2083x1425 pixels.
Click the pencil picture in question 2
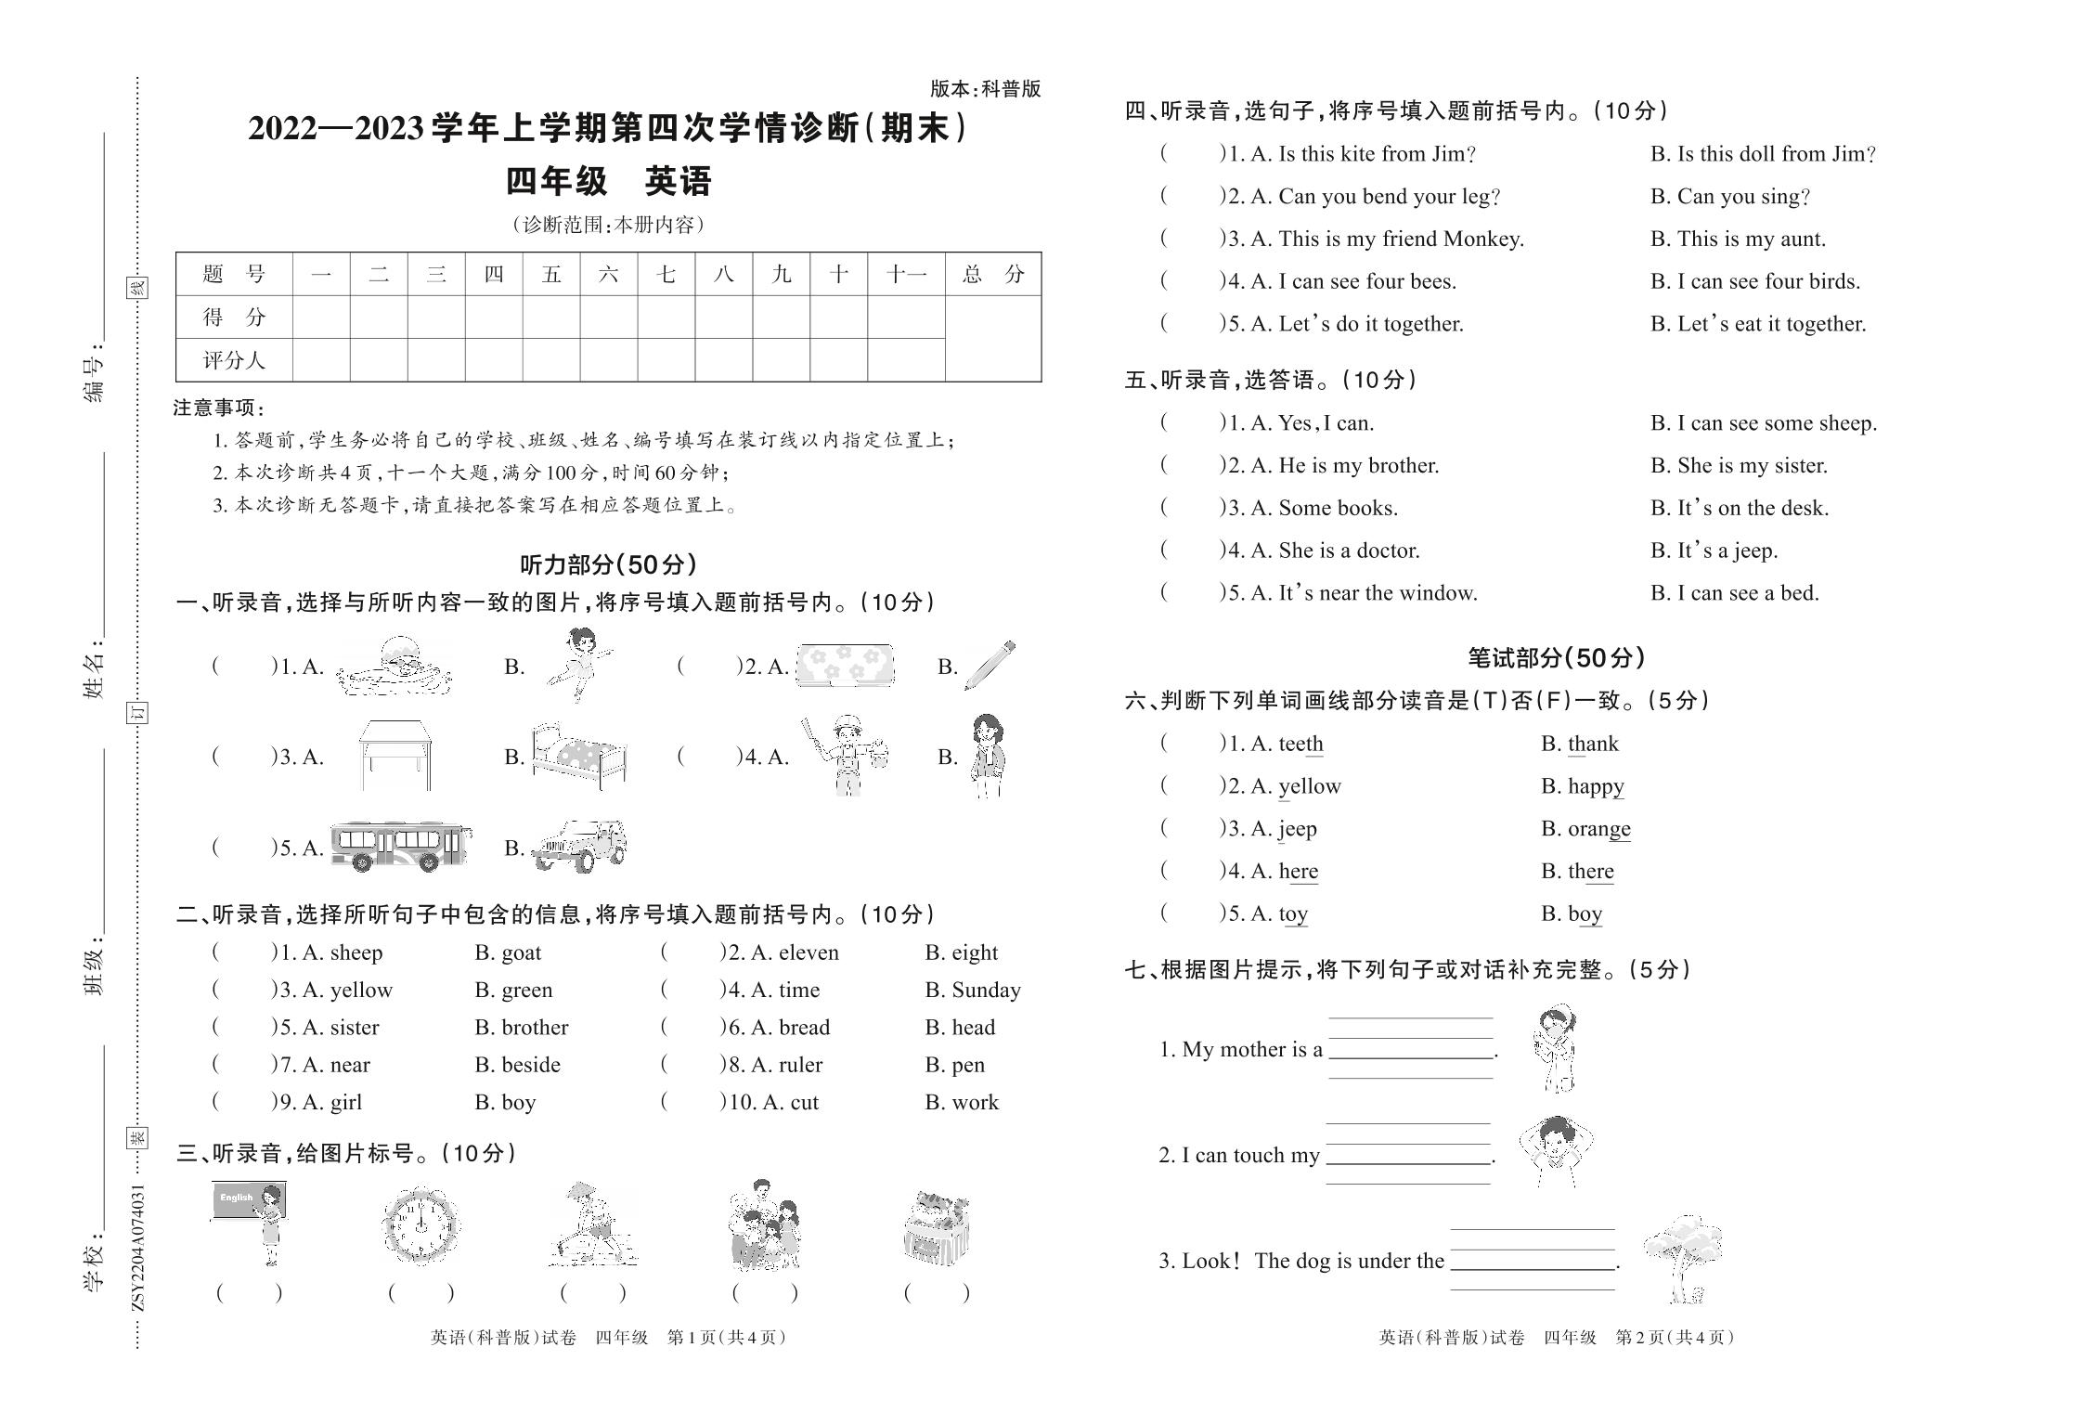point(990,665)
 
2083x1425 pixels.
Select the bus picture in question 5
point(400,846)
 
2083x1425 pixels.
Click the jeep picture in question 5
point(580,846)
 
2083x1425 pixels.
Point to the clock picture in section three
point(421,1224)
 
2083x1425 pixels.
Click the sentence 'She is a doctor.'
point(1349,551)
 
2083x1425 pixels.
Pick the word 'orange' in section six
point(1598,828)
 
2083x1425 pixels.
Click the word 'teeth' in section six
point(1300,744)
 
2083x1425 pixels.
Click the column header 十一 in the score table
point(906,274)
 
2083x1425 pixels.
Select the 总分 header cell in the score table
point(992,274)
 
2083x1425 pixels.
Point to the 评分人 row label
point(234,360)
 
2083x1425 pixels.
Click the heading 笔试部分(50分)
point(1556,658)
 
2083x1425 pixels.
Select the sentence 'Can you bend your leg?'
point(1389,197)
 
